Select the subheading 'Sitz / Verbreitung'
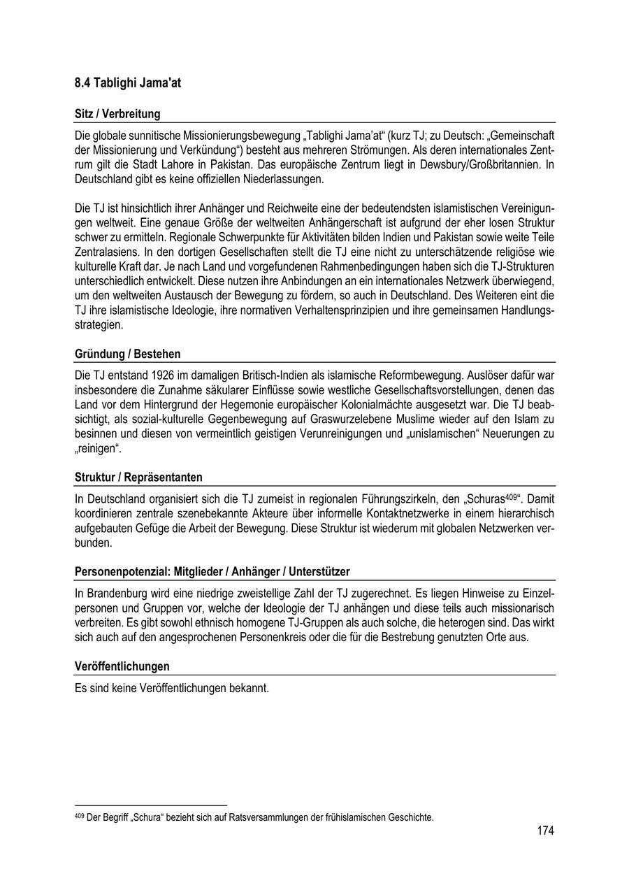click(x=117, y=114)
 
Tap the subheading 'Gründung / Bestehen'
click(x=127, y=354)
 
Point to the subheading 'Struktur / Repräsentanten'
click(x=138, y=478)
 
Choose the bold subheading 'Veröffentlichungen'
click(x=122, y=666)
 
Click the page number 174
click(x=545, y=831)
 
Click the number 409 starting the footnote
click(x=79, y=816)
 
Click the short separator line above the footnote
click(x=151, y=806)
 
